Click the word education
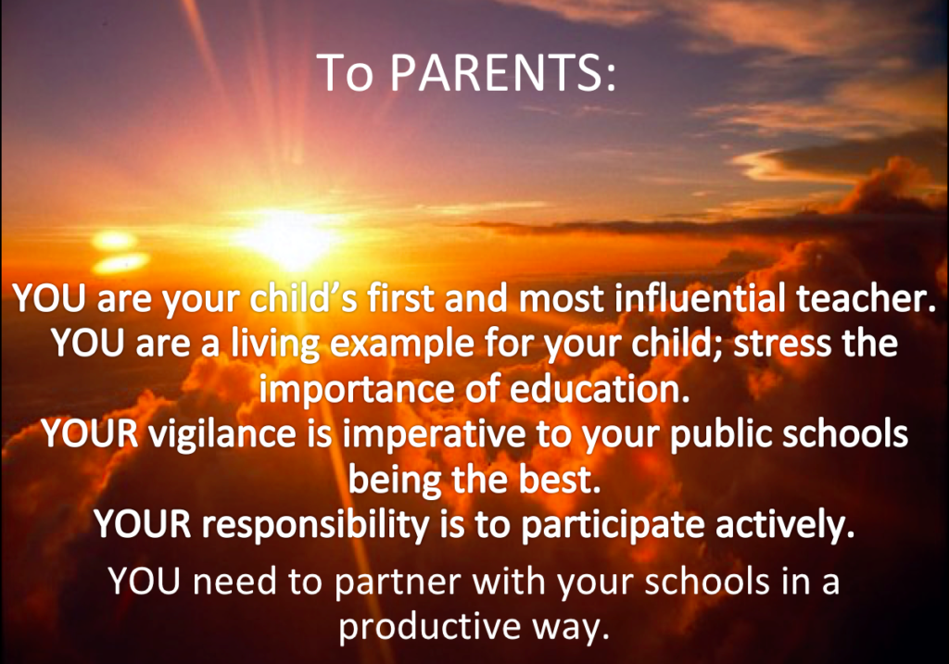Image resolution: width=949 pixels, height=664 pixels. (600, 389)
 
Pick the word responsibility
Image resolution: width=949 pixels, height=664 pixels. (315, 525)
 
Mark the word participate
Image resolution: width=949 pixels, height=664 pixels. (612, 525)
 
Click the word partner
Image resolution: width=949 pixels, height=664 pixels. (399, 582)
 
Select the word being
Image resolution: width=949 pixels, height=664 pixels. (395, 481)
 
